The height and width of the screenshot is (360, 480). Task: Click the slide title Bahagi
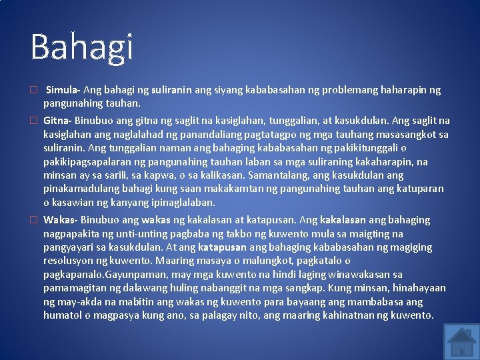coord(82,47)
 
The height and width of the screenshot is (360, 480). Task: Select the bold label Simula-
coord(64,90)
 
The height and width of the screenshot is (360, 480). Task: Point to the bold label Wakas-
coord(61,220)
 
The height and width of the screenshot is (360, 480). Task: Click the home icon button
coord(459,341)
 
